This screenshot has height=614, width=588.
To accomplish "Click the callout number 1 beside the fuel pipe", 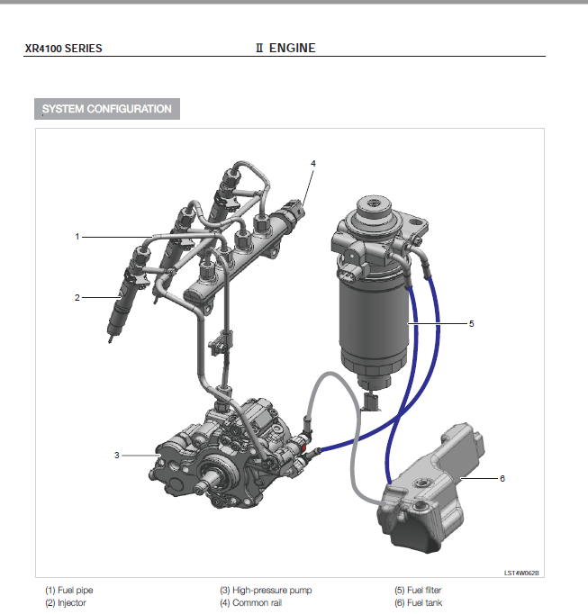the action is click(x=77, y=237).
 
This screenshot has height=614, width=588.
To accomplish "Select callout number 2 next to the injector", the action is click(x=77, y=298).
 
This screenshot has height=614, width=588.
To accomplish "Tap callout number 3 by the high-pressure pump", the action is click(x=117, y=455).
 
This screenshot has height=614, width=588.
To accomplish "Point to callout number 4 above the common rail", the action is click(x=313, y=163).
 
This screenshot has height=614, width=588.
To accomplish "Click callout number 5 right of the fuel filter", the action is click(x=471, y=323).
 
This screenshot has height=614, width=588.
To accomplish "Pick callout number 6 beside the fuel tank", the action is click(x=502, y=478).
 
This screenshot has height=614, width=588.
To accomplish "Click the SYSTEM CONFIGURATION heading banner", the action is click(x=107, y=109).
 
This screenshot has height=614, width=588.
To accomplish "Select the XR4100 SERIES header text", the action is click(x=63, y=49).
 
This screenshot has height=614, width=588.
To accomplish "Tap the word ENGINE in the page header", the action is click(x=293, y=48).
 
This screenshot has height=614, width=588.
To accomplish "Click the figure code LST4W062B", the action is click(x=521, y=573).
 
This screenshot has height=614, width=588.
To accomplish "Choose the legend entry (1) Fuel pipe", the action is click(x=69, y=590).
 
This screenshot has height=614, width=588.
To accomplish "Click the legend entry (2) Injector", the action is click(x=66, y=602).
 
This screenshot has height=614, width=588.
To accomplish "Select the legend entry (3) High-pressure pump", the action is click(x=266, y=590).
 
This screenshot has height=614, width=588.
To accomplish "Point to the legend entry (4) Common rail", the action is click(x=250, y=602).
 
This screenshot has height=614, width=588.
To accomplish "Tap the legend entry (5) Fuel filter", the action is click(x=418, y=590).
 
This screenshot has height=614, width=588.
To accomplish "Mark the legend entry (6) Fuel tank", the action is click(x=419, y=602).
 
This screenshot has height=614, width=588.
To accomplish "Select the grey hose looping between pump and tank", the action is click(x=356, y=430).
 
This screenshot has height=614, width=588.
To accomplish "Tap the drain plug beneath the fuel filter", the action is click(x=371, y=402).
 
